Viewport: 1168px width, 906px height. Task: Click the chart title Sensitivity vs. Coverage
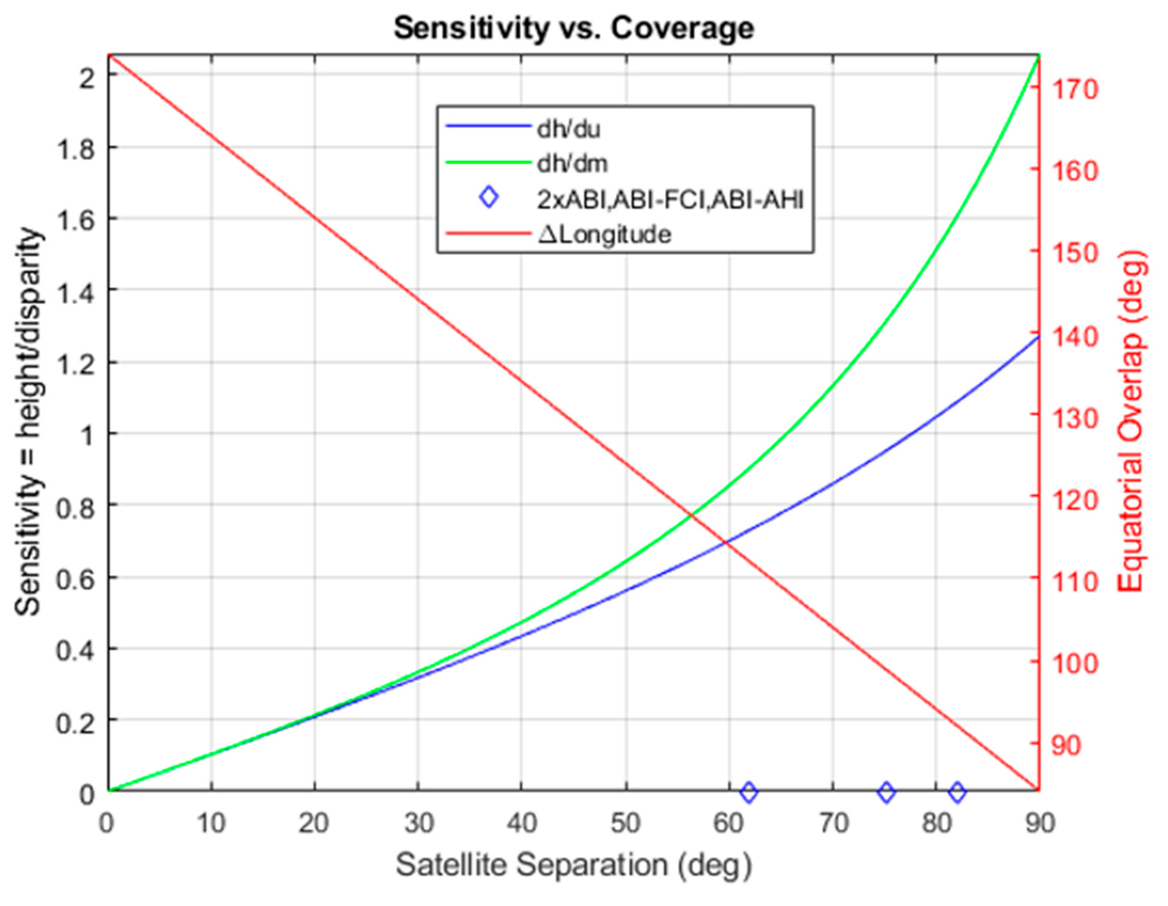(x=574, y=28)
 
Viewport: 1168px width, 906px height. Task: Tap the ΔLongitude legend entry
(x=604, y=234)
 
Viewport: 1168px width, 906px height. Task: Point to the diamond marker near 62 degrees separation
(x=749, y=791)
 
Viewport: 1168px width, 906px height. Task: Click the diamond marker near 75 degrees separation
(x=887, y=791)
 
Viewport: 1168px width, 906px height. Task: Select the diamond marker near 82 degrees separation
(x=957, y=791)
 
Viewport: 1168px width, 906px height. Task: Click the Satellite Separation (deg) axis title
(x=574, y=865)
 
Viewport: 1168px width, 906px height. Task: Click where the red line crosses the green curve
(x=691, y=515)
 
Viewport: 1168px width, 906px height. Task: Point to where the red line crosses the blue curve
(x=726, y=542)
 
